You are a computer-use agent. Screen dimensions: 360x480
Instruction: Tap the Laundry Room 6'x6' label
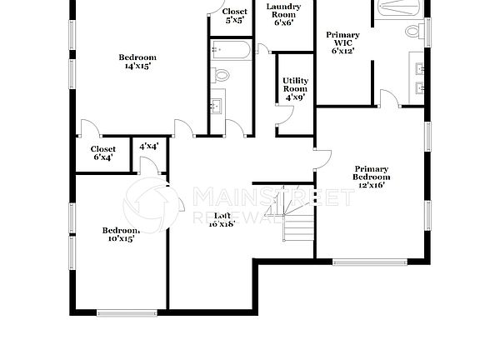point(283,15)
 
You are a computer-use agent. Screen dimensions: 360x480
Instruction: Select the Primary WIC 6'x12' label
point(343,42)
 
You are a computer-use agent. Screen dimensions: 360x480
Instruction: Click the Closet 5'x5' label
point(233,15)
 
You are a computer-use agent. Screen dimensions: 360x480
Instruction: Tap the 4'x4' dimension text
point(150,147)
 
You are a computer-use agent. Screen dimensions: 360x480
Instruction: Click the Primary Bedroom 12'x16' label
point(372,177)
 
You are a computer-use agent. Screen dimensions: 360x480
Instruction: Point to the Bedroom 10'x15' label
point(120,234)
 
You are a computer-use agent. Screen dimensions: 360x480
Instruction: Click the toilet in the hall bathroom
point(221,75)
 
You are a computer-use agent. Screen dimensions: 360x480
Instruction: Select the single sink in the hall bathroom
point(216,106)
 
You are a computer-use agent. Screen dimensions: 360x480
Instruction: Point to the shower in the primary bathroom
point(401,7)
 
